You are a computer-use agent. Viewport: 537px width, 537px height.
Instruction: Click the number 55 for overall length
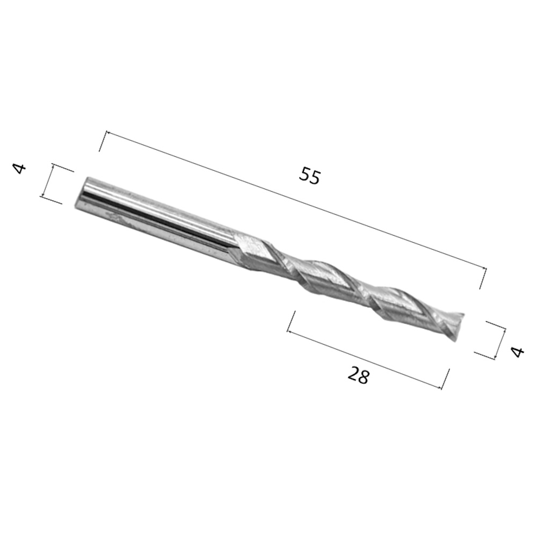(x=310, y=176)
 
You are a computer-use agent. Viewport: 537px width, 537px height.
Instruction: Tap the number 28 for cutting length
(x=359, y=376)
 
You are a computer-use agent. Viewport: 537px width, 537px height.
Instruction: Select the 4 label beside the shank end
(x=19, y=169)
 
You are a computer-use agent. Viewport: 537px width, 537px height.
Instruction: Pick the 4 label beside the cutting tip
(x=517, y=352)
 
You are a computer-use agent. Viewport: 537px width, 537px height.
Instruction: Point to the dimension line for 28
(x=365, y=360)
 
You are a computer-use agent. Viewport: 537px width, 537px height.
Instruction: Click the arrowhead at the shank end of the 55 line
(x=107, y=132)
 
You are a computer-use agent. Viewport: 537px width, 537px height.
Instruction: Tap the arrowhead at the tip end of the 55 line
(x=484, y=269)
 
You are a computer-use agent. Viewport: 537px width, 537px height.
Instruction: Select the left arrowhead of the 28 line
(x=289, y=331)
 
